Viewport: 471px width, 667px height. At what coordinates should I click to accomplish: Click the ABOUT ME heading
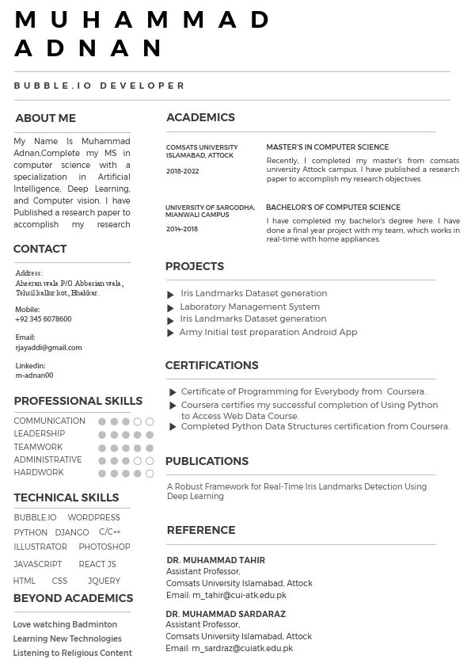click(x=45, y=118)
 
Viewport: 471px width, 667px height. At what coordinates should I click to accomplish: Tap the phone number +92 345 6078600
click(x=43, y=319)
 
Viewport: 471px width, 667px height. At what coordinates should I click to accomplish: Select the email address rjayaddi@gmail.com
click(x=48, y=348)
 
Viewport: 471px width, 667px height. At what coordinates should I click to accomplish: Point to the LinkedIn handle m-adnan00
click(x=34, y=375)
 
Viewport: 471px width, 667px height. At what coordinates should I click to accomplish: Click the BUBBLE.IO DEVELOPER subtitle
click(x=100, y=86)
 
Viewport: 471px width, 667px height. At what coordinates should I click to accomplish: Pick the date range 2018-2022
click(x=182, y=171)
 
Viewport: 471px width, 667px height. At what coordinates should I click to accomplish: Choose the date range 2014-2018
click(x=182, y=229)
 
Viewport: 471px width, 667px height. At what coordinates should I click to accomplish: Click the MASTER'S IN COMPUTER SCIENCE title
click(x=327, y=147)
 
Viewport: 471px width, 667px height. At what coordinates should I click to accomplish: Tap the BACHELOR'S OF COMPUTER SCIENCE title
click(x=332, y=208)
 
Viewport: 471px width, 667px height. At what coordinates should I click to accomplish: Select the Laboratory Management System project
click(x=249, y=307)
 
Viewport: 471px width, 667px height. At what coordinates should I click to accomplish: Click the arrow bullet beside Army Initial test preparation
click(x=170, y=333)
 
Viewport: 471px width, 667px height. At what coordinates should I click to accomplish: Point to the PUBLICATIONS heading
click(x=207, y=461)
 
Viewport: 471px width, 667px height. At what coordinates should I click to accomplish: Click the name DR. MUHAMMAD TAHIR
click(x=215, y=560)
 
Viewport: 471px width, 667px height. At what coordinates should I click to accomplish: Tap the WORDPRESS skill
click(x=93, y=517)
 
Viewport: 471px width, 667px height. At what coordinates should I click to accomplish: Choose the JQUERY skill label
click(x=104, y=581)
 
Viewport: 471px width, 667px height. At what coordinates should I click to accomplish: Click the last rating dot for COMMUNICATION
click(x=150, y=422)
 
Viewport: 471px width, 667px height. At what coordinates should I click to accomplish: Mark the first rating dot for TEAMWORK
click(x=102, y=448)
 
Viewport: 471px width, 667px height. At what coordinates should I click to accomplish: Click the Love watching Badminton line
click(x=65, y=624)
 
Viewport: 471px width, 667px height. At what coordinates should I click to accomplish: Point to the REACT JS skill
click(x=97, y=564)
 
